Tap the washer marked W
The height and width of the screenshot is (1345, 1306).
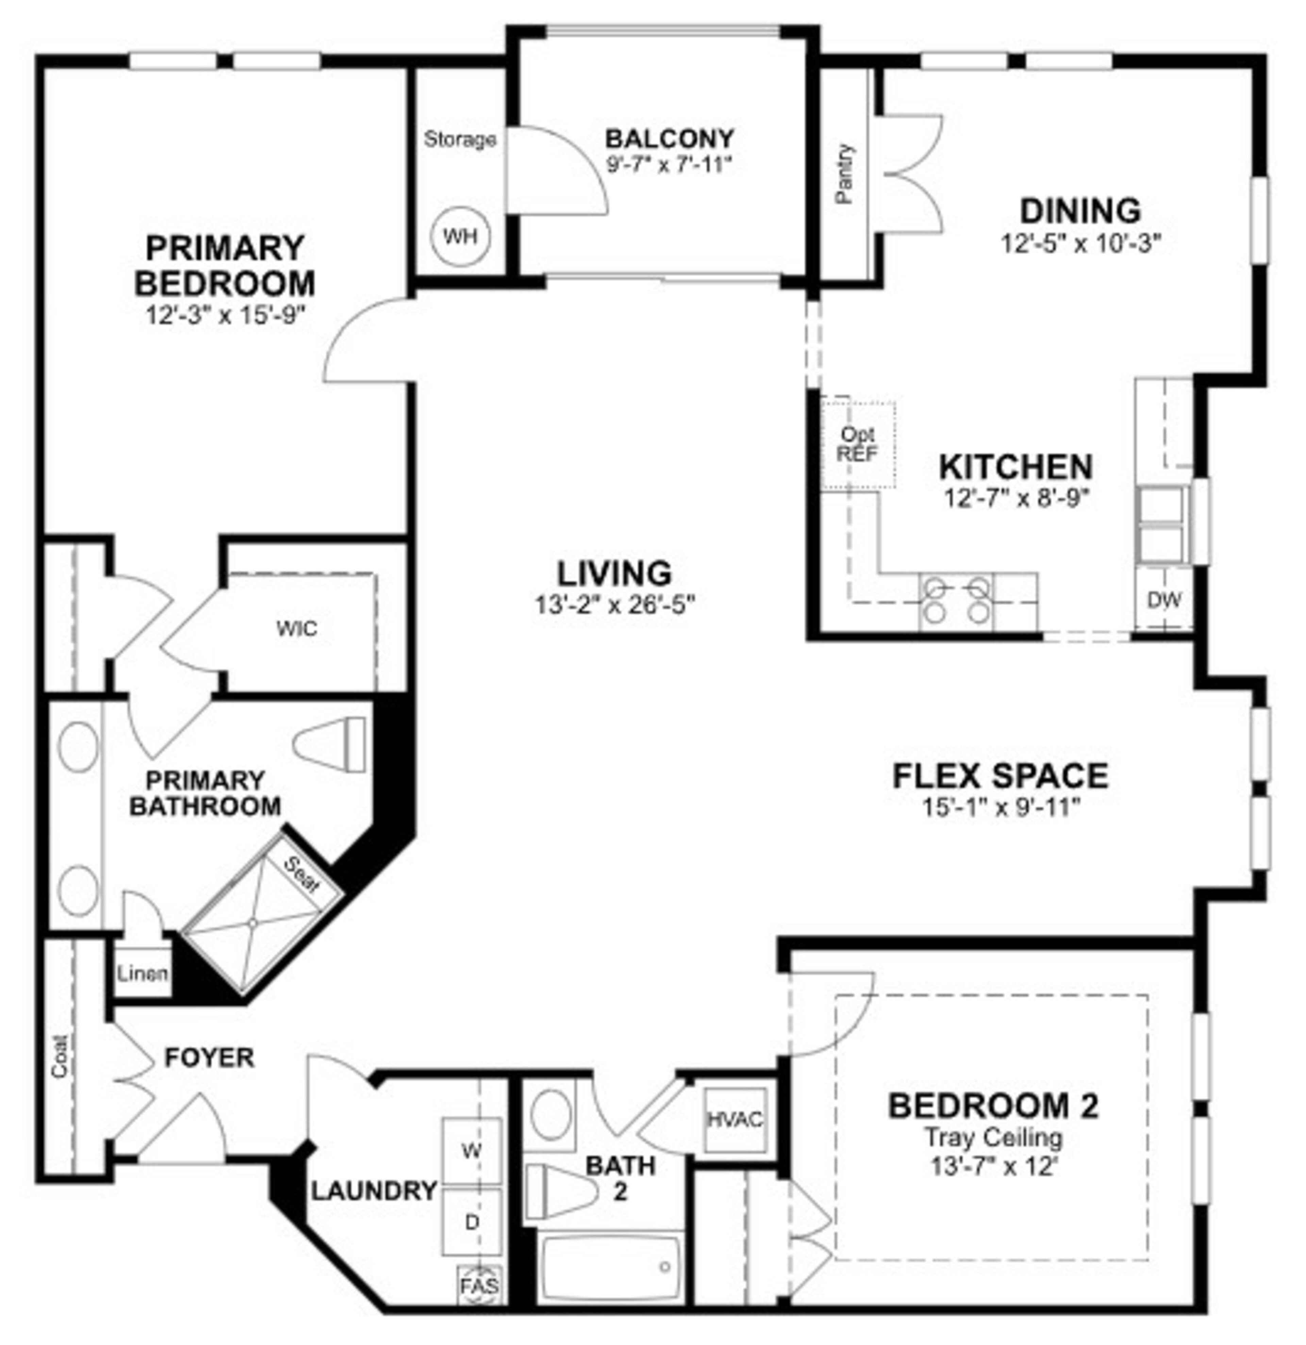pos(471,1151)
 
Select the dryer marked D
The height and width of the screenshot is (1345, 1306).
pos(471,1222)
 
